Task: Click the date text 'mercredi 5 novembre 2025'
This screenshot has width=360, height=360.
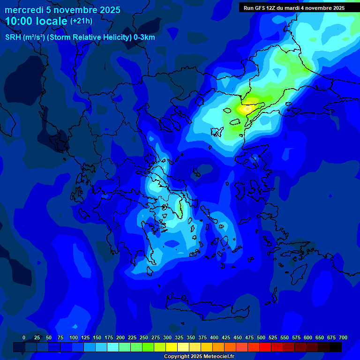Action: (62, 10)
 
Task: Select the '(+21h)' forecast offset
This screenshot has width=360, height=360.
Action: (81, 21)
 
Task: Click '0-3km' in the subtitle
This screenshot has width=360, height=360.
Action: (144, 37)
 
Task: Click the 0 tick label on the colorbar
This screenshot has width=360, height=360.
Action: (24, 337)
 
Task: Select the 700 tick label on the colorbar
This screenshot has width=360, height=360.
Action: (343, 337)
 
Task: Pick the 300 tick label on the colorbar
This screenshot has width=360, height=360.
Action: (167, 337)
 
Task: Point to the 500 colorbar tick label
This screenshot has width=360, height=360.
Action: (261, 337)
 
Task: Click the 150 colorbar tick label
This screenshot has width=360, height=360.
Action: (97, 337)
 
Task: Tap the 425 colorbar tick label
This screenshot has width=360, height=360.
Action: (226, 337)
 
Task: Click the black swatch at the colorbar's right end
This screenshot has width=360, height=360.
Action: (336, 347)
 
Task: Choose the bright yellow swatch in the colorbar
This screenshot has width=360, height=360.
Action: (172, 347)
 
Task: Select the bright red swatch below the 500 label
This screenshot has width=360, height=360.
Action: (265, 347)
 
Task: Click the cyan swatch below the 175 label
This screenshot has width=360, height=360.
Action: (113, 347)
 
